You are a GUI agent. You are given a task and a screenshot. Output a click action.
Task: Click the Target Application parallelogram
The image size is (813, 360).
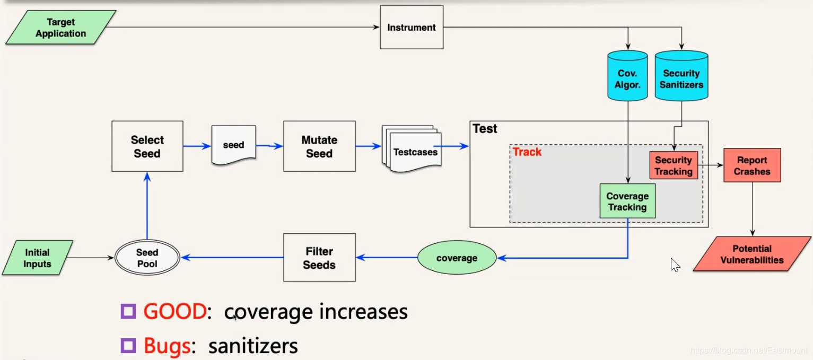tap(60, 28)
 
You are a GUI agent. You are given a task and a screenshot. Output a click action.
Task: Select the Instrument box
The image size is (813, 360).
tap(412, 27)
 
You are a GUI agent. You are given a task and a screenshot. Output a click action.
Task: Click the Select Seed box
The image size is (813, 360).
tap(147, 146)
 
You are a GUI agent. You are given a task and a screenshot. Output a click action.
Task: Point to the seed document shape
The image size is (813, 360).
tap(233, 145)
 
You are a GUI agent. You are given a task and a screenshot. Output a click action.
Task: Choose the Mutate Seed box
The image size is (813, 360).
tap(319, 146)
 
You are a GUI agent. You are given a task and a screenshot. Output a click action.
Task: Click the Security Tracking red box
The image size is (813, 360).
tap(674, 165)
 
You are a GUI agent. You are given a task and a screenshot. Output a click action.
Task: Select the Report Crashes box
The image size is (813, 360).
tap(752, 165)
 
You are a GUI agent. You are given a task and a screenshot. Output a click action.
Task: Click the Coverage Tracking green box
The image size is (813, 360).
tap(627, 201)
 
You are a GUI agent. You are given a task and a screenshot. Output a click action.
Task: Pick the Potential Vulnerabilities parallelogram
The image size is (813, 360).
tap(751, 254)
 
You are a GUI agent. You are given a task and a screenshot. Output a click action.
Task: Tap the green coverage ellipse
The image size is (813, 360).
tap(457, 258)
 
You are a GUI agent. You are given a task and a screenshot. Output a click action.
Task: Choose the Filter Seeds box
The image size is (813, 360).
tap(319, 258)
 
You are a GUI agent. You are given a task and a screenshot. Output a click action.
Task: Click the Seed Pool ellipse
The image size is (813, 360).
tap(147, 258)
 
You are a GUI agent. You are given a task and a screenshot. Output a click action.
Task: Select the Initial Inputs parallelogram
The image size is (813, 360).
tap(37, 258)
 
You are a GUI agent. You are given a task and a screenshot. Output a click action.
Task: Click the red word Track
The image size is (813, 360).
tap(527, 152)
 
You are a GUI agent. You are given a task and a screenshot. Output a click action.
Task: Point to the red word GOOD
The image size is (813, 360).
tap(174, 311)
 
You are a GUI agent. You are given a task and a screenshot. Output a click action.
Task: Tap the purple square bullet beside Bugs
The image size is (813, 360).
tap(128, 346)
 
